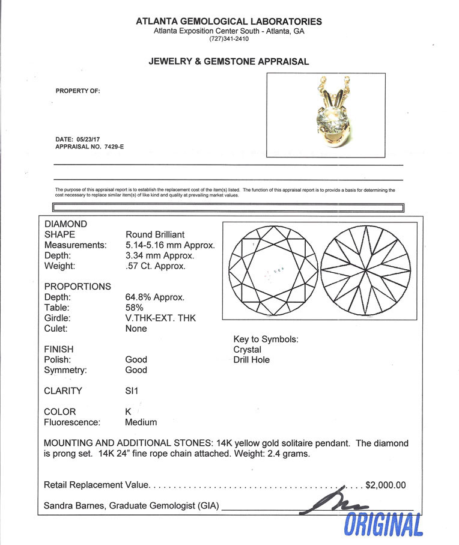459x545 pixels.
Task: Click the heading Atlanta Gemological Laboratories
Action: [229, 22]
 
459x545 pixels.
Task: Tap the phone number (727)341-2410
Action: [229, 39]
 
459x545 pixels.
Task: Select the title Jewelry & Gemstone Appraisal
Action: [229, 61]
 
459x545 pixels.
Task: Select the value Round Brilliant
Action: [155, 234]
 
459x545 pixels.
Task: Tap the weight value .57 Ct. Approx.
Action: [155, 266]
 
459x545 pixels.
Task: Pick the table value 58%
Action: [135, 308]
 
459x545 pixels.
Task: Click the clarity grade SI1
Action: [132, 391]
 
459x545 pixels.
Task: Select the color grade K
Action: [128, 412]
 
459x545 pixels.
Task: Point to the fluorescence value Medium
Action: [141, 422]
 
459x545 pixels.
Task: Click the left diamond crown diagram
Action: [273, 272]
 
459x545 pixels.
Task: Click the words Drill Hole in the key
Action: [251, 360]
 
